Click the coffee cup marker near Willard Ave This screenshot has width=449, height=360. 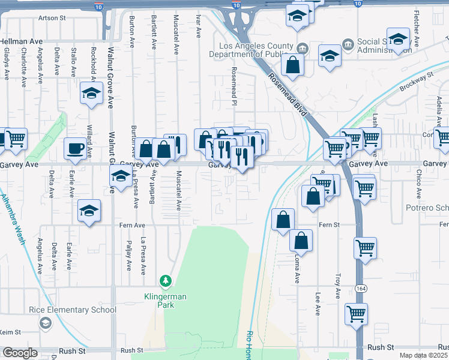pos(76,148)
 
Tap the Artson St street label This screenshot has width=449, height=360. pos(52,18)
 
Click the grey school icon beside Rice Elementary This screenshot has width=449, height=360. pos(45,323)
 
